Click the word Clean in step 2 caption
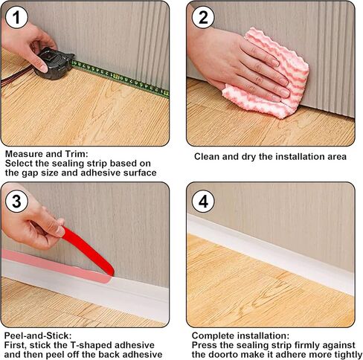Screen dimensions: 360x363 [209, 157]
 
